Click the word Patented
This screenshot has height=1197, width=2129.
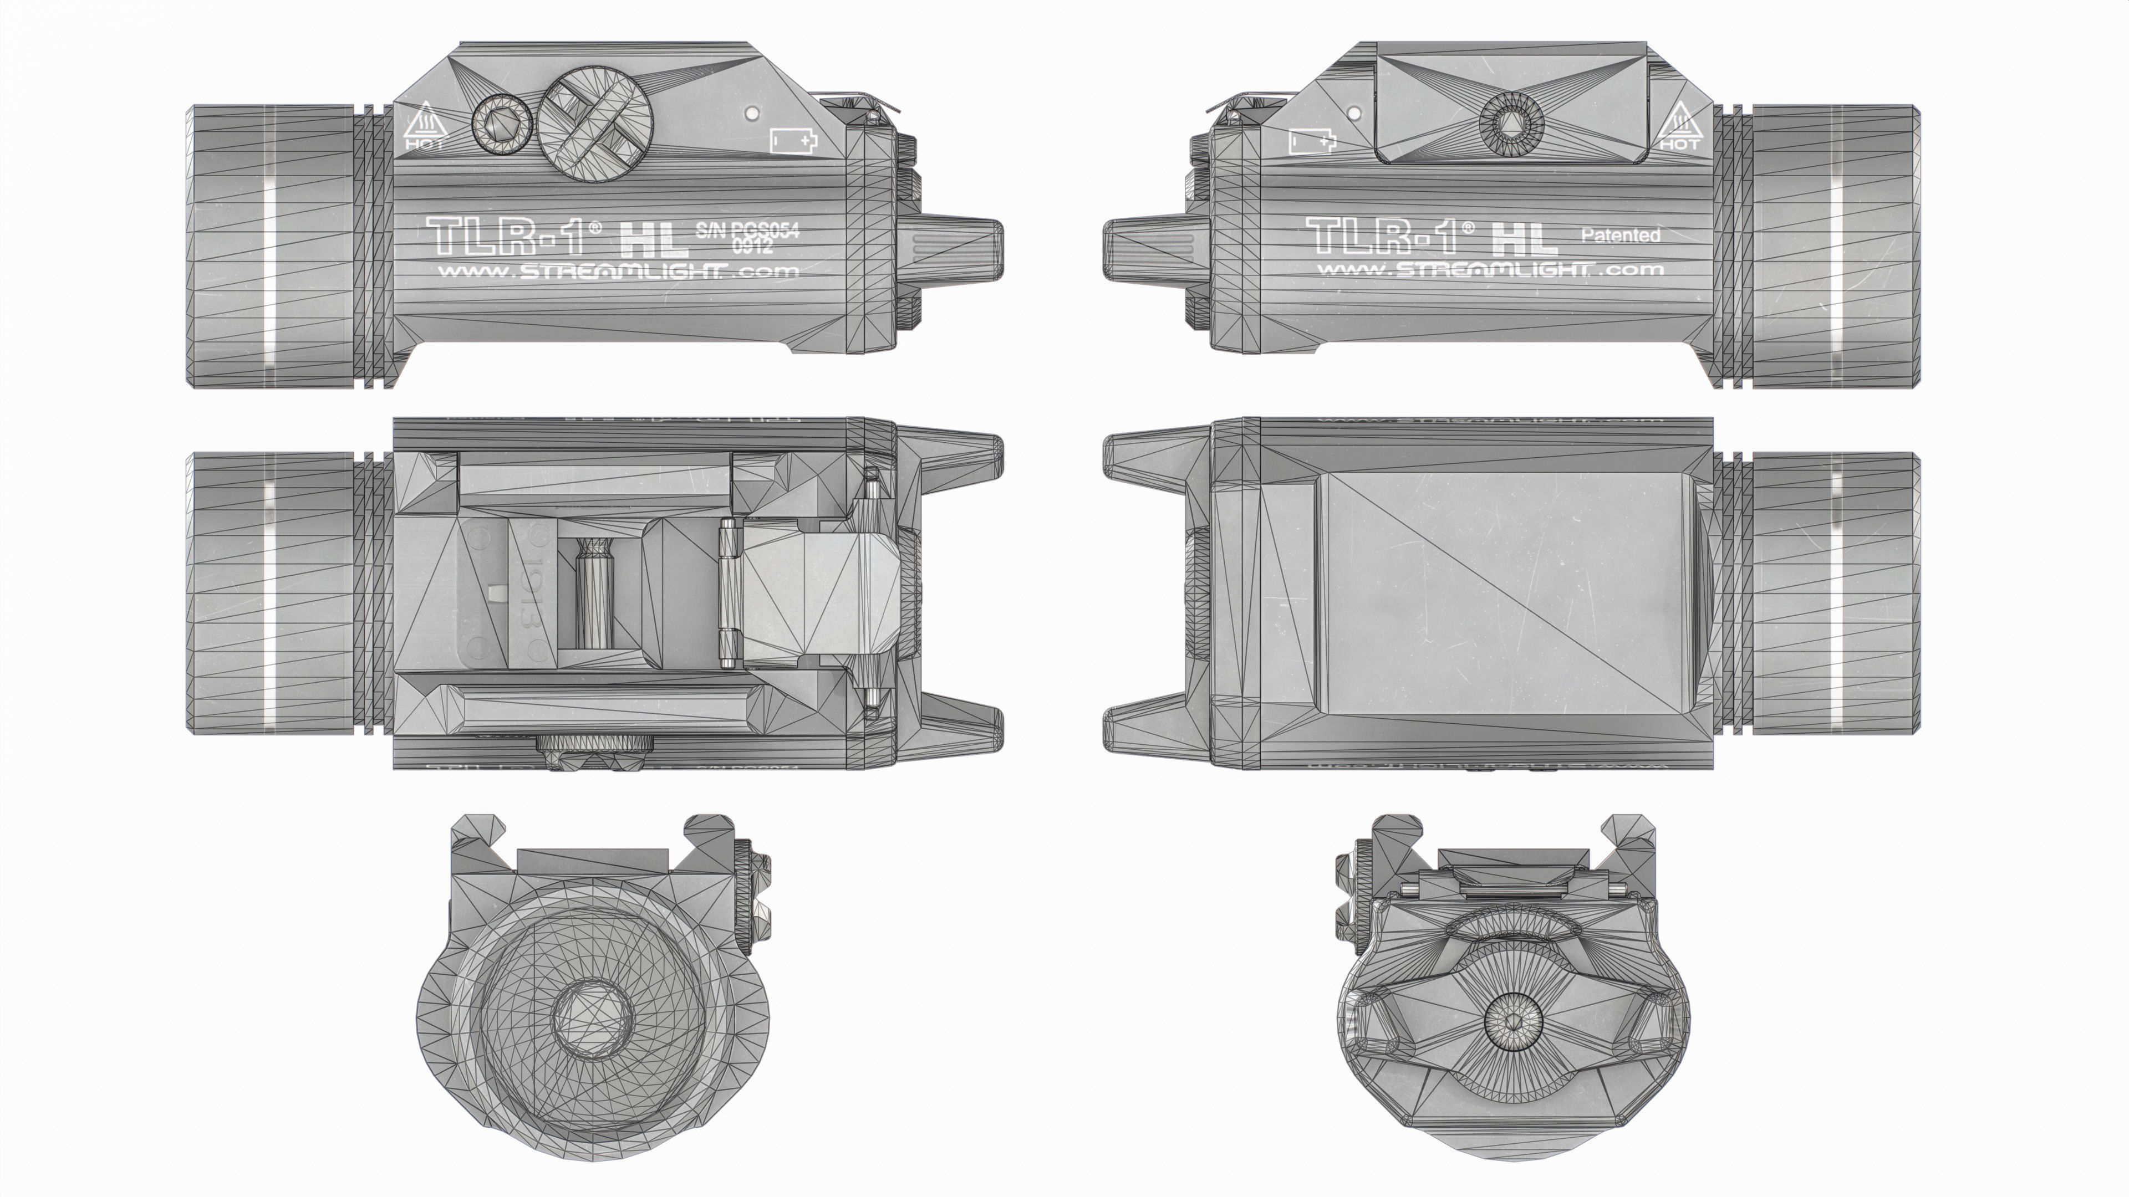click(x=1620, y=236)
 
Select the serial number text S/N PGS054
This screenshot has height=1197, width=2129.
click(x=747, y=231)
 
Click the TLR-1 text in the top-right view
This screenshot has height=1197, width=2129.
click(x=1388, y=236)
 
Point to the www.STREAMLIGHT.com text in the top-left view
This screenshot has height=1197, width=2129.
click(x=618, y=271)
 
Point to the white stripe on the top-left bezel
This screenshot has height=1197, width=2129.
click(x=268, y=248)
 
